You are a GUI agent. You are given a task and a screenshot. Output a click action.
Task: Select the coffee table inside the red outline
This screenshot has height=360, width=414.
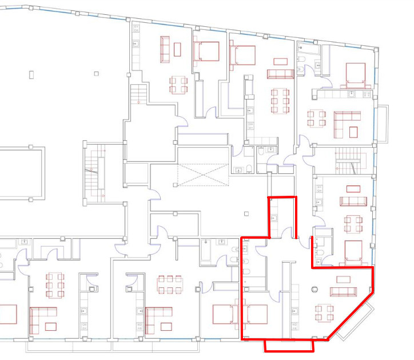(344, 279)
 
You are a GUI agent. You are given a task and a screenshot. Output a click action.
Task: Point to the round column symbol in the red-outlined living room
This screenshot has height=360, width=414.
(313, 289)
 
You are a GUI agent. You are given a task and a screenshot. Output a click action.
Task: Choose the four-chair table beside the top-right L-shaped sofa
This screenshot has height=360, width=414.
(317, 118)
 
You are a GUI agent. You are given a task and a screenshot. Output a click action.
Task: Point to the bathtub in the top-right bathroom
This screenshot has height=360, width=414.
(308, 57)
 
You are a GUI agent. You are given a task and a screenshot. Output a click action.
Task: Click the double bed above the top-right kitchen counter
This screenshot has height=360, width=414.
(355, 74)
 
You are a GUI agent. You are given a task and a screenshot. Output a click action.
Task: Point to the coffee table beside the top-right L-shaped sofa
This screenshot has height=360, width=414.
(352, 132)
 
